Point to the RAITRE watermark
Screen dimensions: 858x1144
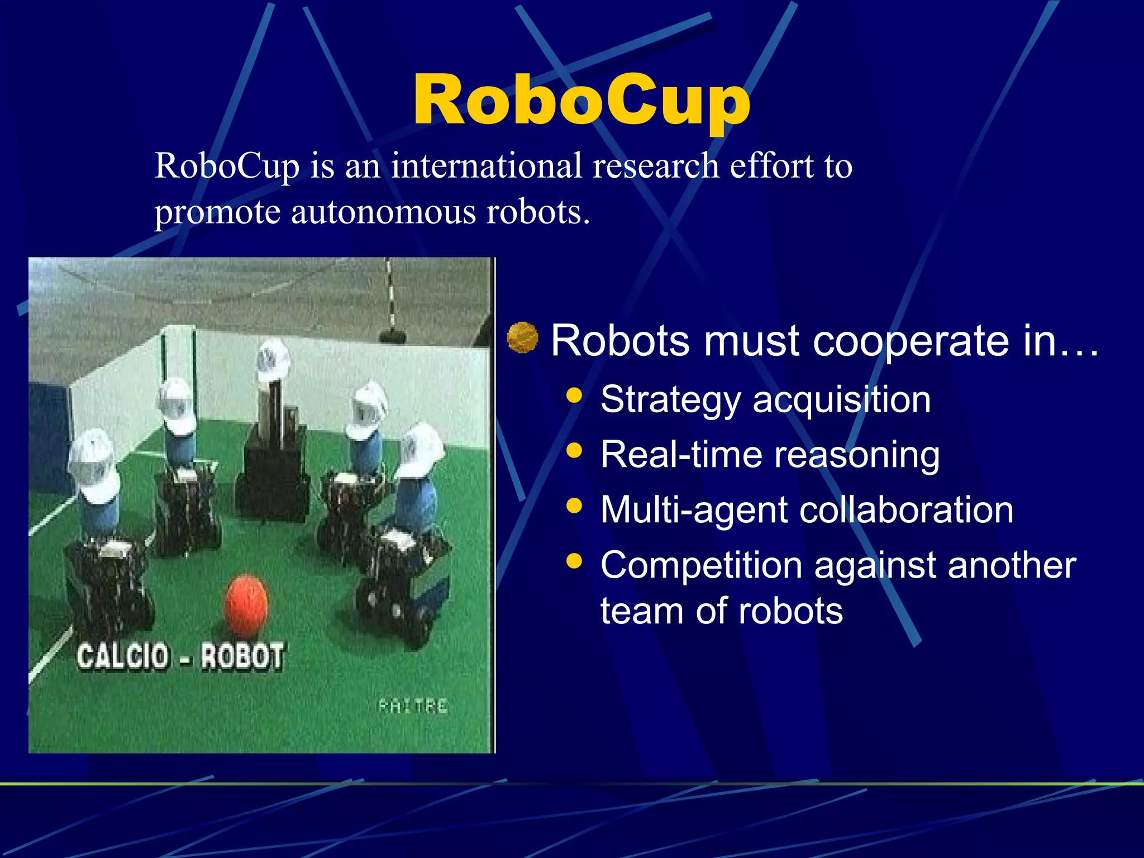click(413, 706)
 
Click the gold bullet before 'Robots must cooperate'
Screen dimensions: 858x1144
click(522, 338)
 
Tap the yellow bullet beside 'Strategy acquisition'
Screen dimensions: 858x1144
click(574, 395)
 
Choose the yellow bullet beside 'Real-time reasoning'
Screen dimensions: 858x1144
click(574, 450)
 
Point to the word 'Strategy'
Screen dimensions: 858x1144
click(670, 400)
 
